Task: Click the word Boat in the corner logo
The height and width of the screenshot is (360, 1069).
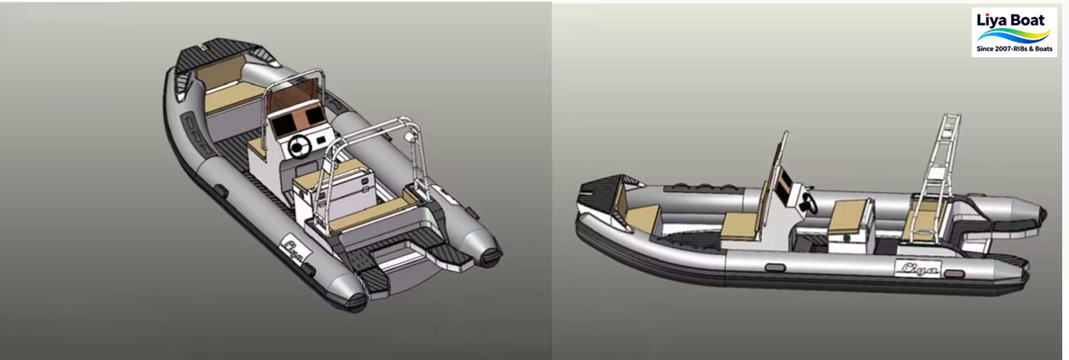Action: click(1029, 19)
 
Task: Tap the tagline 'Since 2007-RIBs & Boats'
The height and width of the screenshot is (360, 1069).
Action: click(1014, 50)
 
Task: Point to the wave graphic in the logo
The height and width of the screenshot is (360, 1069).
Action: click(1014, 35)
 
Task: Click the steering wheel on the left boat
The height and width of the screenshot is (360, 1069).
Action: click(299, 146)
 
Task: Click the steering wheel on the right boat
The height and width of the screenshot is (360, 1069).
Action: click(809, 203)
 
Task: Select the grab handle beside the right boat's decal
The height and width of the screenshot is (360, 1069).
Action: click(955, 274)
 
